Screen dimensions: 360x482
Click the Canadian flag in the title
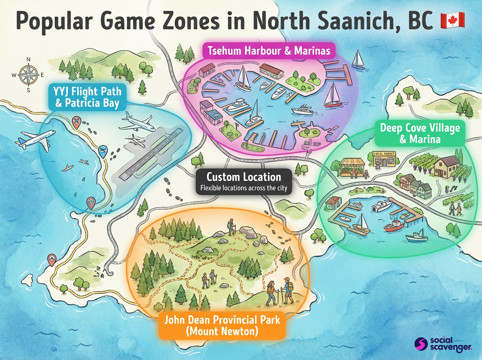tap(452, 20)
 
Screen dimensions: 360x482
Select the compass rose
tap(28, 75)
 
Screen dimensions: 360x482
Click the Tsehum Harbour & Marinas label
tap(269, 51)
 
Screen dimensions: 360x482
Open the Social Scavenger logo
tap(442, 344)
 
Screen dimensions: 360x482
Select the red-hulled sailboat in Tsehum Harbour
tap(332, 96)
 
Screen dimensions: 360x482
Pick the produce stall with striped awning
tap(352, 167)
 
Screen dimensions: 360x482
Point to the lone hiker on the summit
tap(231, 227)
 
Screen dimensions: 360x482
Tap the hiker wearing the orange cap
tap(287, 290)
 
